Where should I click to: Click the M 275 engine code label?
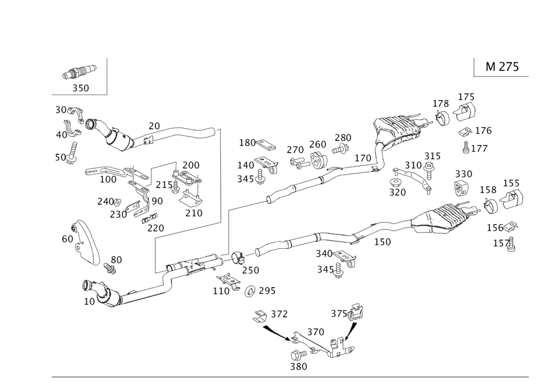(x=502, y=67)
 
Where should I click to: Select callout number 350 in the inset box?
(x=80, y=87)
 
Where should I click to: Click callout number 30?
(x=61, y=110)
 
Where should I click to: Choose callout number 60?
(x=67, y=239)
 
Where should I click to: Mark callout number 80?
(x=117, y=259)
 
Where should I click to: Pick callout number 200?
(x=191, y=165)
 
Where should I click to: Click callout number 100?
(x=108, y=179)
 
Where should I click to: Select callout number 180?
(x=247, y=143)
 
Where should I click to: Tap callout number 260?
(x=317, y=145)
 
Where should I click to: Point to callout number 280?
(x=343, y=137)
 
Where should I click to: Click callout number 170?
(x=363, y=158)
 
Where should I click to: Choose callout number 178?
(x=440, y=103)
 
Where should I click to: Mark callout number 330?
(x=463, y=174)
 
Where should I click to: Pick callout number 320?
(x=398, y=192)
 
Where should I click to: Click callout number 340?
(x=324, y=253)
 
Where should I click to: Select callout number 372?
(x=279, y=314)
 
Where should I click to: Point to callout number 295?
(x=267, y=290)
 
